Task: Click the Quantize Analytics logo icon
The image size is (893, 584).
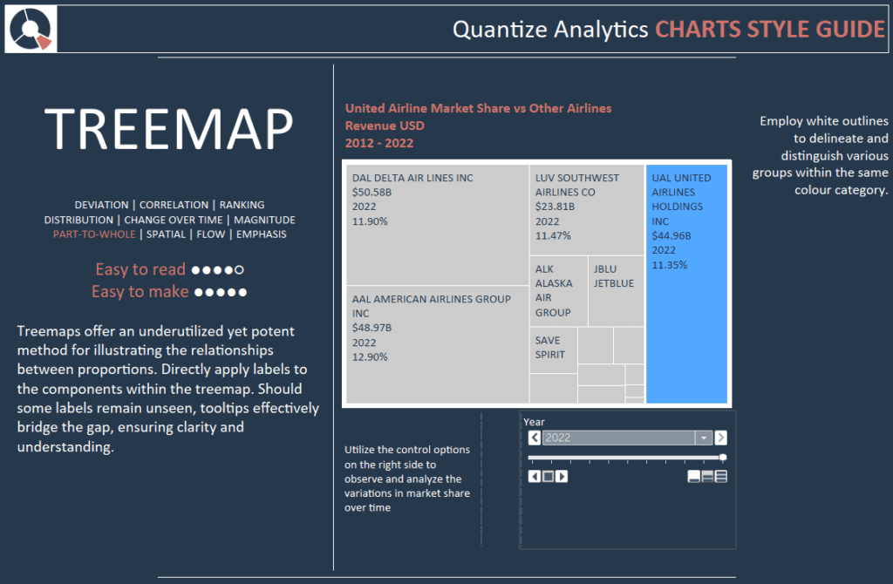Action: coord(31,29)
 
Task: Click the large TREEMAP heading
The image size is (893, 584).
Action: coord(169,129)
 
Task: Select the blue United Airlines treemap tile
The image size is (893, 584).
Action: coord(686,283)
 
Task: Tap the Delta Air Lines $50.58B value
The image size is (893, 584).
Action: coord(372,193)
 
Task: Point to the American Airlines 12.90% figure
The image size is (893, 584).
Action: coord(370,357)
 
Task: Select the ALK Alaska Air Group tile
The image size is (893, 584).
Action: coord(559,291)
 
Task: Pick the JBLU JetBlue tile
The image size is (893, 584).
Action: coord(617,291)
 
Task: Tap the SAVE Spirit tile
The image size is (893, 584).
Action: coord(554,350)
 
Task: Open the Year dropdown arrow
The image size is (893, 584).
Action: coord(704,438)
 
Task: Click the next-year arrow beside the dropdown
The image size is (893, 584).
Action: coord(721,438)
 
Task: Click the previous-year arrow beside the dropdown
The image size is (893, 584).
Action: coord(535,438)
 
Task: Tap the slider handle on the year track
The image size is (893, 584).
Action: coord(723,457)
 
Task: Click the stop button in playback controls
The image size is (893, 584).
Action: coord(548,477)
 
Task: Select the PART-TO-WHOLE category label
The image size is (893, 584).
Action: coord(94,234)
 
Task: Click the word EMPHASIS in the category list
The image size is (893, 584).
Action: coord(262,234)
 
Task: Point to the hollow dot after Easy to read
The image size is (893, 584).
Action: coord(239,270)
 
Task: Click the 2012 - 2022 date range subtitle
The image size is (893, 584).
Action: coord(379,143)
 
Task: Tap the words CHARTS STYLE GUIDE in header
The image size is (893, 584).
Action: coord(770,30)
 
